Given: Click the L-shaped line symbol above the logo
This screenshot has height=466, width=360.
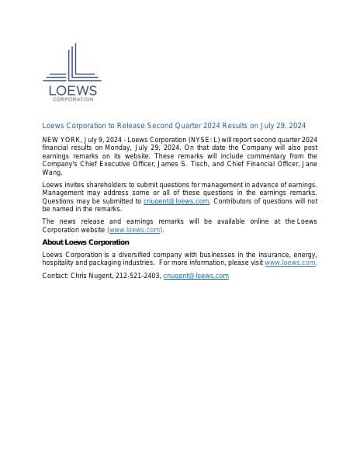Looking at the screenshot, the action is (x=71, y=64).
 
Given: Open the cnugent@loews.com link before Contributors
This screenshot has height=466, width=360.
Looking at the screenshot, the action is (x=176, y=201).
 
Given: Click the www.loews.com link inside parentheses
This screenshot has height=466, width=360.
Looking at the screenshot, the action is (x=135, y=230).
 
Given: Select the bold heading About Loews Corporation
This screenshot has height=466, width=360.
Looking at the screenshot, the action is (x=85, y=242).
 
